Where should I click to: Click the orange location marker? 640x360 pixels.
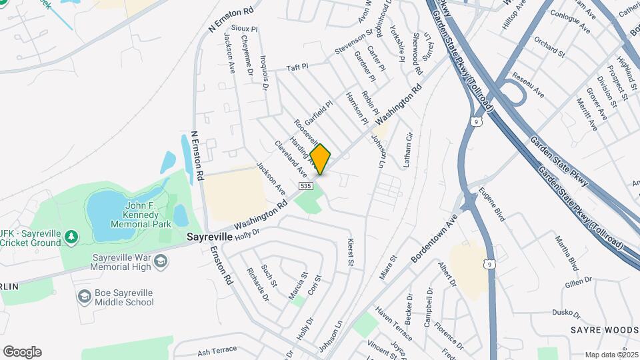coord(320,159)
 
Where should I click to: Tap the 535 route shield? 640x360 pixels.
coord(306,185)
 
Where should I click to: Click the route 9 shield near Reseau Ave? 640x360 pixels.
coord(475,121)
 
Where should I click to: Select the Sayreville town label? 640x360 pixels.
coord(209,237)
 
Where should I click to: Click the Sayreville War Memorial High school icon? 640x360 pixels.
coord(160,261)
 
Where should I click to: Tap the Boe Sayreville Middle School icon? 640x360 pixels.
coord(84,296)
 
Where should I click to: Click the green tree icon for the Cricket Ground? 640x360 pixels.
coord(71,236)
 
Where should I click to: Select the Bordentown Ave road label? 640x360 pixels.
coord(434,238)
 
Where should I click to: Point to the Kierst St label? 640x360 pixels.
coord(349,253)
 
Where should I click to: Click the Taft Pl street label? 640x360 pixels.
coord(297,67)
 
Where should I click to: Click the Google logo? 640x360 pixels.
coord(22,352)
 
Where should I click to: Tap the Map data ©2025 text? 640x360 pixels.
coord(610,355)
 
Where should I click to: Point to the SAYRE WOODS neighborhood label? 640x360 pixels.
coord(604,330)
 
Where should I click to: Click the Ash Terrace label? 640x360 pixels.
coord(217,350)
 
